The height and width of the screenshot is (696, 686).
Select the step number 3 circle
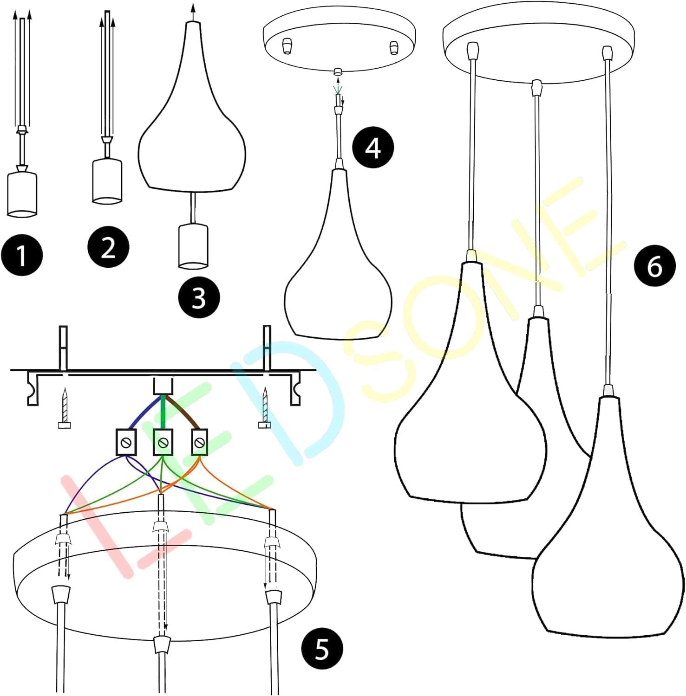(x=199, y=297)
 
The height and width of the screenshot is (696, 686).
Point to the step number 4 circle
(x=373, y=148)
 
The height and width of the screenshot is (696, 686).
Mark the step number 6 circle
(x=655, y=266)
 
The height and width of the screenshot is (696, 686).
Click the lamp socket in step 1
(x=22, y=194)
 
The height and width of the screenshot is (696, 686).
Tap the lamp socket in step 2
(x=107, y=181)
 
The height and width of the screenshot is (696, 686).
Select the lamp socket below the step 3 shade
(x=193, y=246)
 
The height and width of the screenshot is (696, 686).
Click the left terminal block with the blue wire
(x=126, y=442)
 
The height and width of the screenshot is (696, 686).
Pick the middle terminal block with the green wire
(x=163, y=442)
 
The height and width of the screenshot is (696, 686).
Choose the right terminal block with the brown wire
(x=200, y=442)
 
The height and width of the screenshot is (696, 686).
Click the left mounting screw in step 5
(x=65, y=408)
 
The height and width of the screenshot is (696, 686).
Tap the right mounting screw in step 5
(x=265, y=408)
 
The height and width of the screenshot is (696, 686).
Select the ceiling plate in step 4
(x=339, y=44)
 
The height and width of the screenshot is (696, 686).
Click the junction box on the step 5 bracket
(x=163, y=386)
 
